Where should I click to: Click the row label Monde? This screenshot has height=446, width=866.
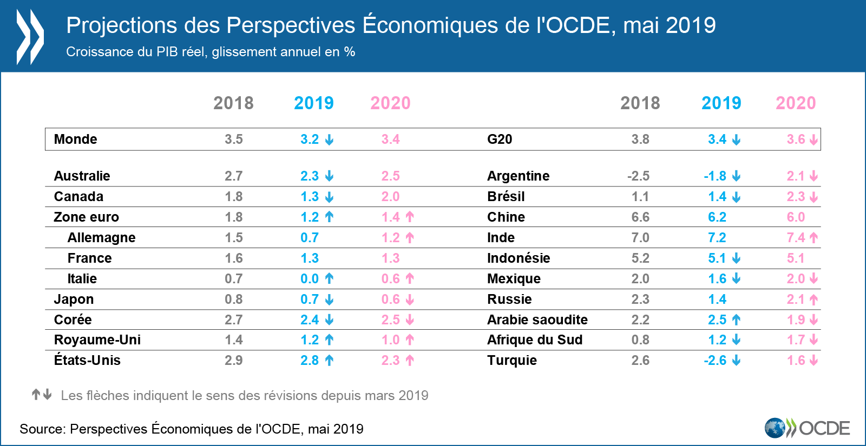click(x=75, y=139)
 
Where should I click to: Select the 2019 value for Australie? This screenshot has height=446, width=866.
click(x=310, y=176)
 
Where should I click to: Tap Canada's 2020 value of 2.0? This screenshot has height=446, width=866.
click(x=390, y=197)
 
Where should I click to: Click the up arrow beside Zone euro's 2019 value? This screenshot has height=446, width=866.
click(x=329, y=217)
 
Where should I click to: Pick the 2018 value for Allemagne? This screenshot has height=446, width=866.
click(x=233, y=238)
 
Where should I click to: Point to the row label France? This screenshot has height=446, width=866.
click(x=89, y=258)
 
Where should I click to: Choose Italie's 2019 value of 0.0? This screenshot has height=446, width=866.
click(x=310, y=279)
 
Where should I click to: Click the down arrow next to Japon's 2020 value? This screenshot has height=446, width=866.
click(x=410, y=299)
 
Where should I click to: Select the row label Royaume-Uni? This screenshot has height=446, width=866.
click(x=97, y=340)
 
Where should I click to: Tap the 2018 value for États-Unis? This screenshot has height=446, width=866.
click(x=233, y=361)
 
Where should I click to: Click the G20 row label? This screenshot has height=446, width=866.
click(x=499, y=139)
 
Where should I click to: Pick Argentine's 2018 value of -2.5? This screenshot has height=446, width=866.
click(x=638, y=176)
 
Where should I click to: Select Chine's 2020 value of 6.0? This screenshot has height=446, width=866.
click(x=796, y=217)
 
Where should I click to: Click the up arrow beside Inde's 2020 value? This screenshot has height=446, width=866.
click(x=813, y=237)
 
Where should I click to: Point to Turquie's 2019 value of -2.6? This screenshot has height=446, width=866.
click(x=715, y=361)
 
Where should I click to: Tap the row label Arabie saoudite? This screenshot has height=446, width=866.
click(x=537, y=320)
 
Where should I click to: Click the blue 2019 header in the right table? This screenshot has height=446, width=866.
click(x=721, y=103)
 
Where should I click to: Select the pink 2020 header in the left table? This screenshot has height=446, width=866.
click(x=390, y=103)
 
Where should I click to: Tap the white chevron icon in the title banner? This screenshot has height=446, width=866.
click(x=30, y=37)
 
